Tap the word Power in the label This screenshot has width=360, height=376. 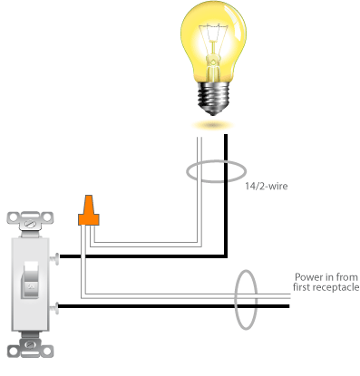coord(306,277)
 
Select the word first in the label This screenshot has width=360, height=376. coord(304,288)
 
